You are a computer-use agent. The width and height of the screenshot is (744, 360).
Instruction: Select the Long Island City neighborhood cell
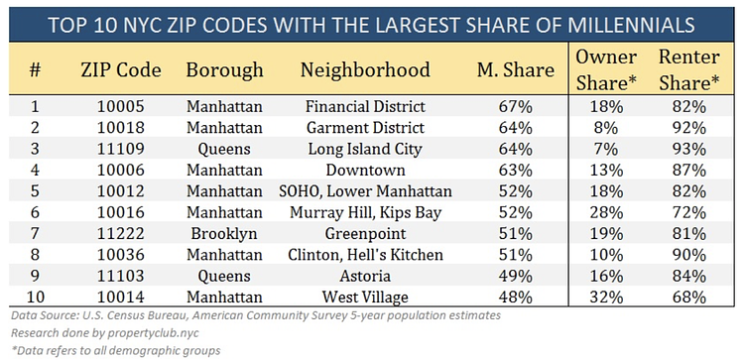(366, 148)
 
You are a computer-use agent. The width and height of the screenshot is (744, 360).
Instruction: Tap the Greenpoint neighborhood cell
(366, 232)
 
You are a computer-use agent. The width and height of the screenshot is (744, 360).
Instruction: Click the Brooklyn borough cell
(223, 232)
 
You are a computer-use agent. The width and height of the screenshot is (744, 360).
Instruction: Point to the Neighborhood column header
(366, 70)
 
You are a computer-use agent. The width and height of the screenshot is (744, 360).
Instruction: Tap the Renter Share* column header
(686, 69)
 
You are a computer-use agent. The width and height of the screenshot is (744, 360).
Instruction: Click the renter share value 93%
(686, 148)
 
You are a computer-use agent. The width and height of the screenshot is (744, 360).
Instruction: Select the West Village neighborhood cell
(366, 296)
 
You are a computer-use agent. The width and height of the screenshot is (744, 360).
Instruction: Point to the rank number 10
(35, 296)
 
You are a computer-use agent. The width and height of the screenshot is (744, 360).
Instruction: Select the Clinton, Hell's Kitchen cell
(366, 254)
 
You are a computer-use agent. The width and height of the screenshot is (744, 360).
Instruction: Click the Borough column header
(223, 70)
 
